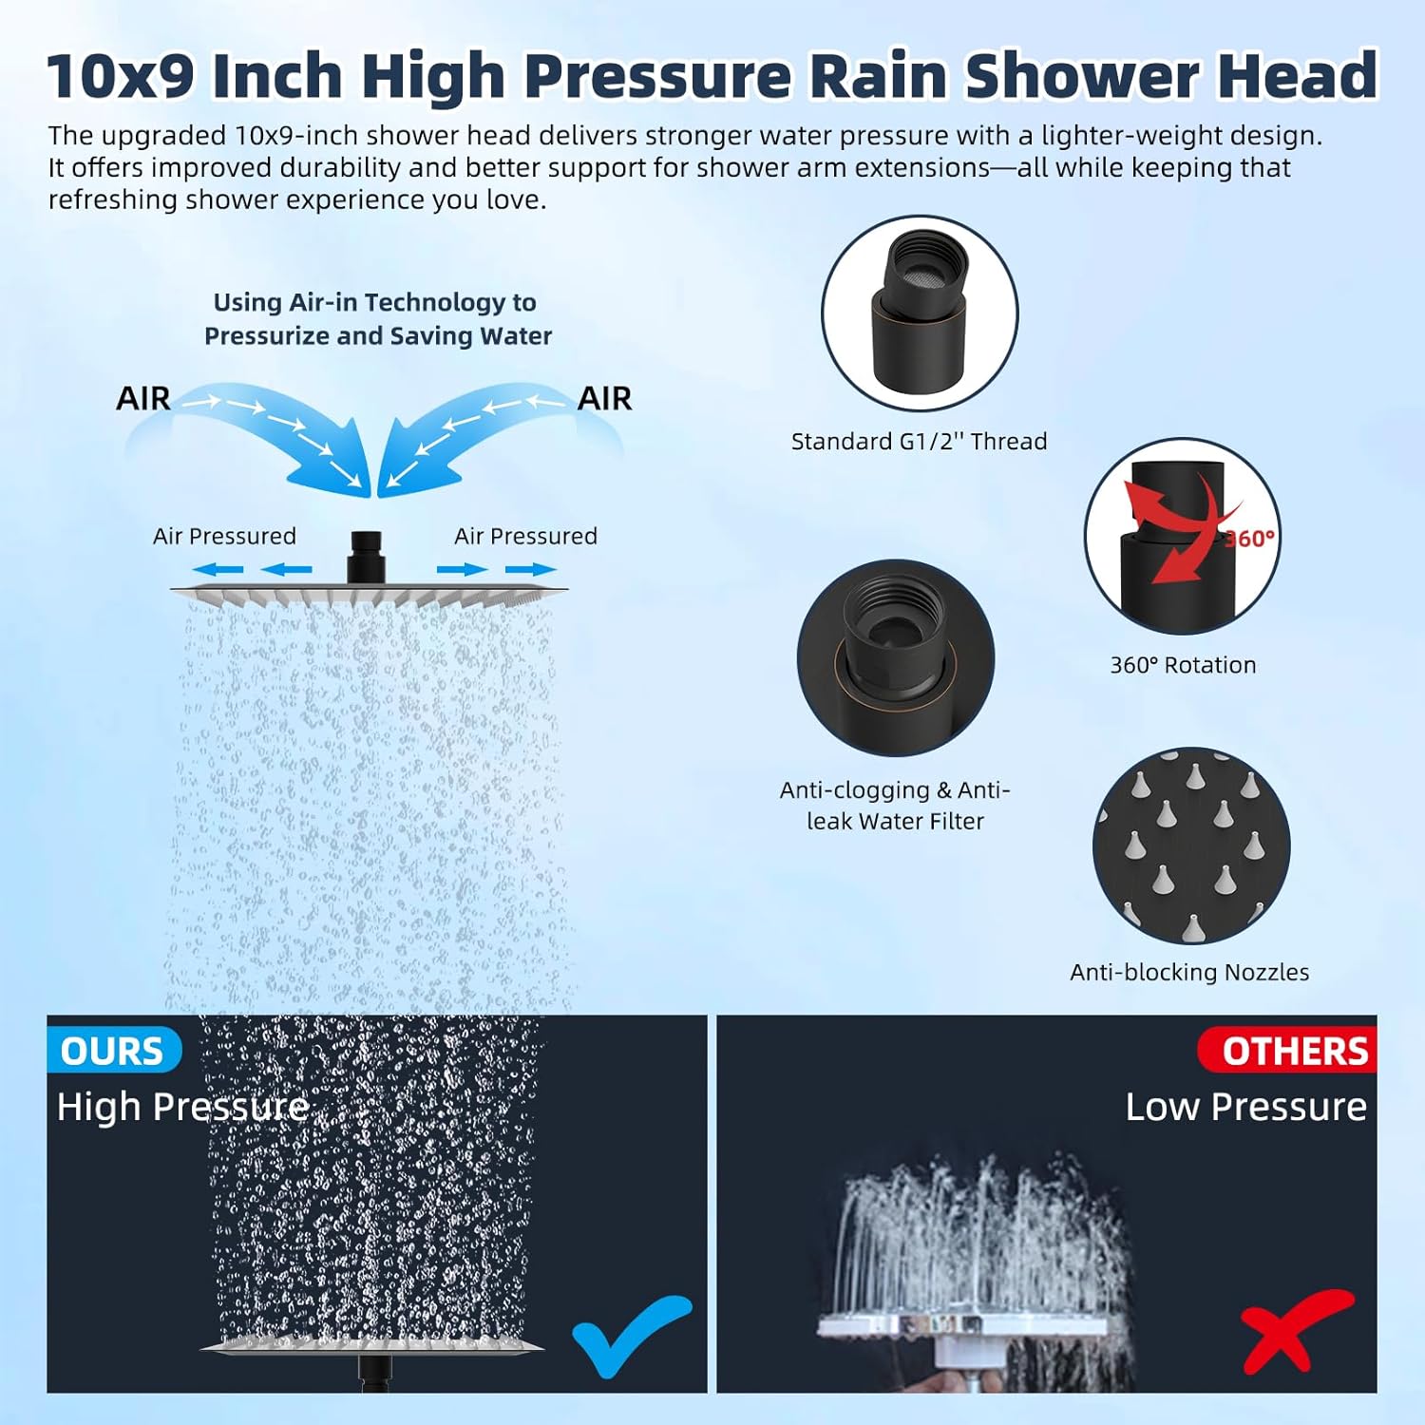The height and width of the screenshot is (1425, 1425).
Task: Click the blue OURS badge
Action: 113,1051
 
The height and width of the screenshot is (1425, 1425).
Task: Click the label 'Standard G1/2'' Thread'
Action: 919,441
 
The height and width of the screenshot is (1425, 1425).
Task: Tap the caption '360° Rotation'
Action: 1183,665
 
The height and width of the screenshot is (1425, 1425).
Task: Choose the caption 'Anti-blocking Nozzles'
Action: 1189,972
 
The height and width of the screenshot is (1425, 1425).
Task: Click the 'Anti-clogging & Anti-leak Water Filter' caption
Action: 895,805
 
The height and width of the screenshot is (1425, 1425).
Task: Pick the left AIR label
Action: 143,398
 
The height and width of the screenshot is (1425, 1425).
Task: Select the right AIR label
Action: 604,398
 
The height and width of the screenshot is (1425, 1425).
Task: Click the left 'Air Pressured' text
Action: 224,536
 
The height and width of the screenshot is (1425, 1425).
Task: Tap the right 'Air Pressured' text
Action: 525,536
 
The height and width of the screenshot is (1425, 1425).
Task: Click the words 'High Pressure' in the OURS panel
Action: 182,1107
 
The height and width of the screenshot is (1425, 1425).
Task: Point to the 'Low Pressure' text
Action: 1245,1107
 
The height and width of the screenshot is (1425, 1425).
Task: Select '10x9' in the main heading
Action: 121,75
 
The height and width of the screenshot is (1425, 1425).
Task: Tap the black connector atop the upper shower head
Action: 366,556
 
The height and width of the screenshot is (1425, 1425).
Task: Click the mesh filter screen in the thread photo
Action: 924,276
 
